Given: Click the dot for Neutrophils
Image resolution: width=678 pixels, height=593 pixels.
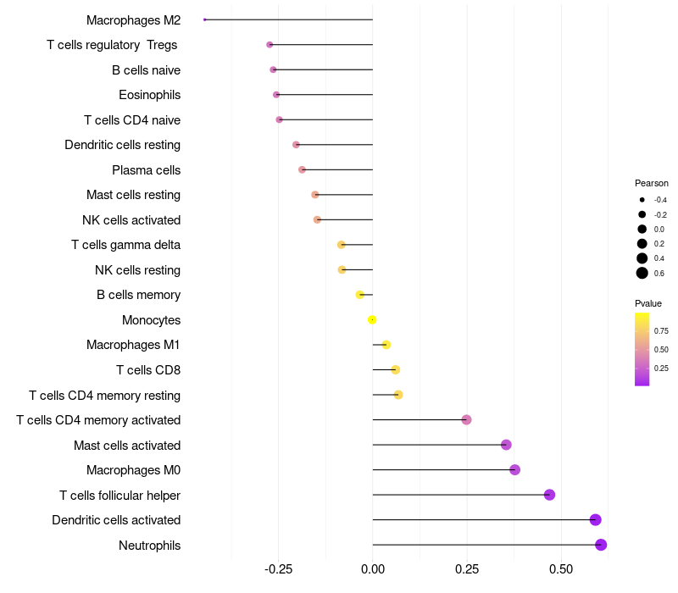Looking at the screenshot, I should [601, 545].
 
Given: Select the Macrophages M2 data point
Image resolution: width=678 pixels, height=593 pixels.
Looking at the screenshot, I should [205, 19].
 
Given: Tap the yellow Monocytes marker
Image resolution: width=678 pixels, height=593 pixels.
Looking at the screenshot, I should [372, 320].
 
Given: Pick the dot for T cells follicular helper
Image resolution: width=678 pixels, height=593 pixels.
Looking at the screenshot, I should [549, 495].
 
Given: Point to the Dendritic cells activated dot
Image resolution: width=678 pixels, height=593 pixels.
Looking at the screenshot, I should [595, 520].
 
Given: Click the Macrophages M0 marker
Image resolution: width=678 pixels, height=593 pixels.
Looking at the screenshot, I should [514, 470].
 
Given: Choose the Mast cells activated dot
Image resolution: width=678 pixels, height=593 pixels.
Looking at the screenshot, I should [506, 445].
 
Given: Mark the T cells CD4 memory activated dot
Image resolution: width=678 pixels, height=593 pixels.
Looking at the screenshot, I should [466, 420].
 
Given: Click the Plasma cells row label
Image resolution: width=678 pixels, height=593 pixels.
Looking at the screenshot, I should [146, 170].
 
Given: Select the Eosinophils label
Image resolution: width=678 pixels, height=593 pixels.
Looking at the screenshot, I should [149, 95].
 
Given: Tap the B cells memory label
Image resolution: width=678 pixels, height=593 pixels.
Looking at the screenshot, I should [138, 296].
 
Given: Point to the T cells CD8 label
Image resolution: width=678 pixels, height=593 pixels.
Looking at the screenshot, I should [147, 370].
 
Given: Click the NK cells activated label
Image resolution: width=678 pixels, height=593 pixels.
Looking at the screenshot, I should [131, 220].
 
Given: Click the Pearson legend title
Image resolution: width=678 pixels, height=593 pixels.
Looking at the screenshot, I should [652, 183].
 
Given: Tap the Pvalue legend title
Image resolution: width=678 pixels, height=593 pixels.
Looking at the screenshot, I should [648, 303].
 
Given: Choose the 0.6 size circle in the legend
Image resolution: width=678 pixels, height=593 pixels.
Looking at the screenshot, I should [642, 273].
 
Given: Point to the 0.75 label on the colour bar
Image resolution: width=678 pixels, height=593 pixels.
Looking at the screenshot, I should [661, 331].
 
